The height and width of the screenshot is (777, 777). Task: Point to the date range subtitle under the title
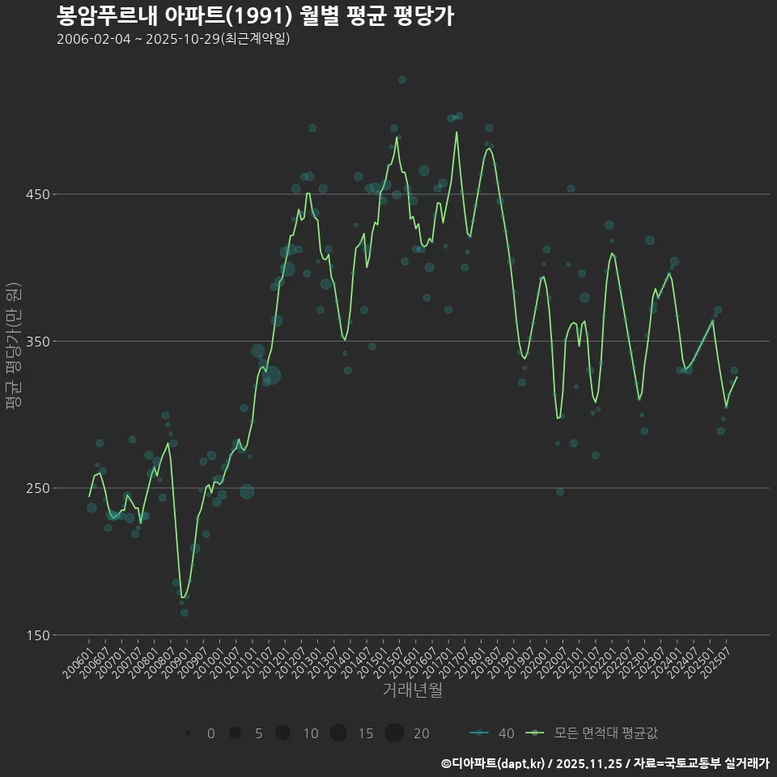tap(173, 40)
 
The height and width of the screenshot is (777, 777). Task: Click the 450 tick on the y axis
tap(39, 194)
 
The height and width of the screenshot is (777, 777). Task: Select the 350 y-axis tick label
tap(39, 342)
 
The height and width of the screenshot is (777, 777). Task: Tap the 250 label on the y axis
tap(39, 488)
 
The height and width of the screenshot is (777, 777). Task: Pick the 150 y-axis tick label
tap(39, 635)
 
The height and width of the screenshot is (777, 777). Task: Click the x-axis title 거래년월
tap(412, 691)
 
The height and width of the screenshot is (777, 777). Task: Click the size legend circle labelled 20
tap(394, 733)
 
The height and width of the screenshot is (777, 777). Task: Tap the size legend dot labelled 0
tap(188, 733)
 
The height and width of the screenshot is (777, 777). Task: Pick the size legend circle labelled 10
tap(282, 733)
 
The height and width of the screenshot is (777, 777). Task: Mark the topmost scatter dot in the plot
tap(402, 79)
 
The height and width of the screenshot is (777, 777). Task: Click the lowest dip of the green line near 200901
tap(183, 597)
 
